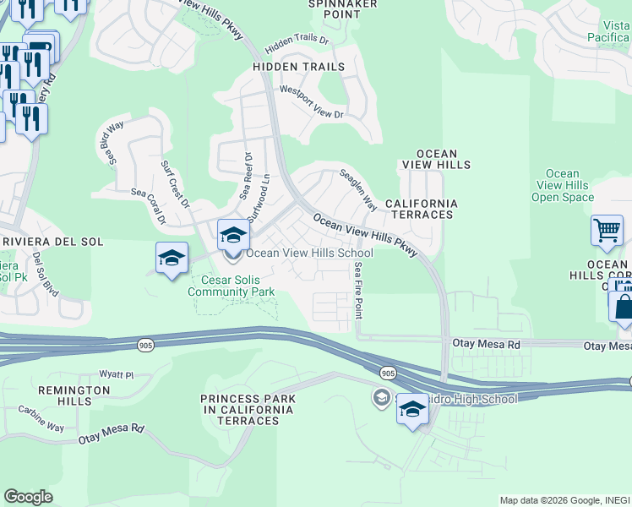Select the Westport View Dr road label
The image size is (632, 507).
[x=312, y=101]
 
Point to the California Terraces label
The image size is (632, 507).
[x=421, y=210]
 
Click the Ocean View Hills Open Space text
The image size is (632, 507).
[x=562, y=186]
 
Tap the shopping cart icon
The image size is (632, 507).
[x=607, y=230]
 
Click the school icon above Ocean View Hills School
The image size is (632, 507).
[x=234, y=235]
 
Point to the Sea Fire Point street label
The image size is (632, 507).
[x=359, y=288]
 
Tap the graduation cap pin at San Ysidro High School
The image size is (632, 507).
[x=411, y=410]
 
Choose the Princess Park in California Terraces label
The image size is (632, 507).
[x=248, y=404]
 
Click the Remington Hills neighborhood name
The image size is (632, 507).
[x=55, y=395]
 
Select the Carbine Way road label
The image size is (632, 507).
[x=41, y=418]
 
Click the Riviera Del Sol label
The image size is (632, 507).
[x=52, y=242]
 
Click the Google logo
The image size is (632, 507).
[x=28, y=497]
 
